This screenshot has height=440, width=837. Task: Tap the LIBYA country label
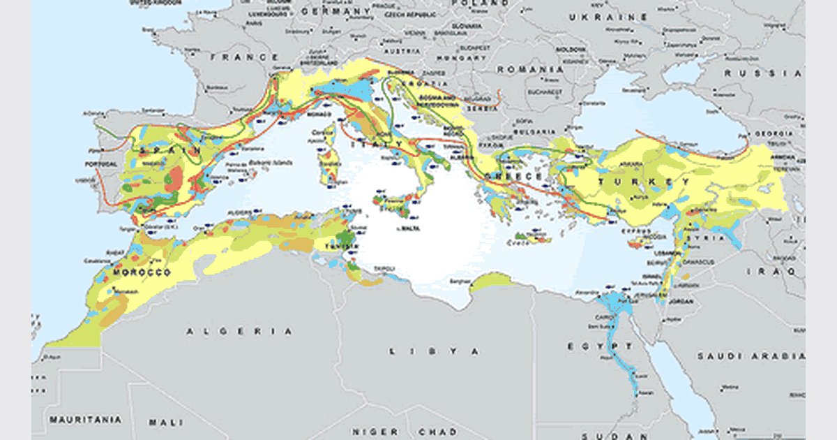tap(434, 351)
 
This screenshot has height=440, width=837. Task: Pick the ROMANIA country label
tap(530, 70)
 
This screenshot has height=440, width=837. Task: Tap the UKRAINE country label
tap(607, 17)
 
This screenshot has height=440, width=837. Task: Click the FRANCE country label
tap(235, 57)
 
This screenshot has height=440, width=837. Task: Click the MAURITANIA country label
tap(84, 420)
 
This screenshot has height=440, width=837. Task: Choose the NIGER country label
tap(375, 432)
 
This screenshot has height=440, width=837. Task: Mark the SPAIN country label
tap(163, 149)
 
